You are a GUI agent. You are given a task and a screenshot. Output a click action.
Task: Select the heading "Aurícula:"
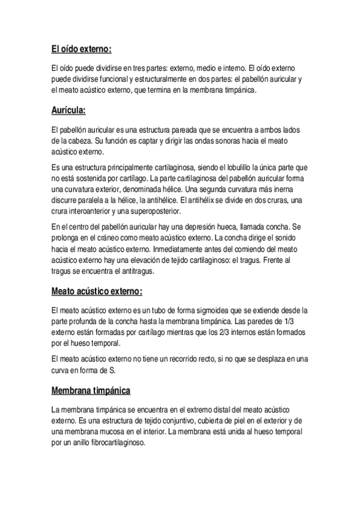pyautogui.click(x=69, y=110)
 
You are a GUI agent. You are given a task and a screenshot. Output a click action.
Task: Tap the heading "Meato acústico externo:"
pyautogui.click(x=97, y=292)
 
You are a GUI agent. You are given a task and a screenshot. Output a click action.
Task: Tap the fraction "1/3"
pyautogui.click(x=301, y=321)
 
